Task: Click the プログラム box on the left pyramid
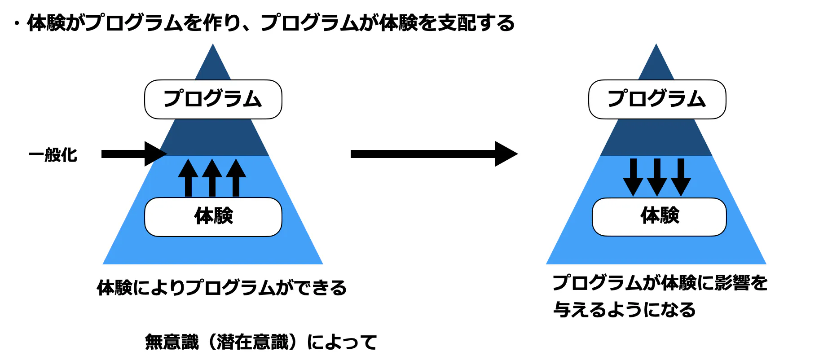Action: coord(213,99)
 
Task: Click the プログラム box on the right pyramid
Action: coord(657,99)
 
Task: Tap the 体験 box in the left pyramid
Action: coord(213,217)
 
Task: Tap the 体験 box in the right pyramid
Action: coord(659,216)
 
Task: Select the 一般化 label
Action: coord(53,155)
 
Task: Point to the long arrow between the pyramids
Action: coord(433,154)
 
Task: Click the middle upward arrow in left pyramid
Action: coord(212,178)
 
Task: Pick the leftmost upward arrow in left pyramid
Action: coord(188,178)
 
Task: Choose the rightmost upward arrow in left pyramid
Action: coord(236,178)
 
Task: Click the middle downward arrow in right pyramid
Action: coord(657,177)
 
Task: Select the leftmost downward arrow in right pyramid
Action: coord(633,177)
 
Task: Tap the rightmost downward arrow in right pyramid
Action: coord(681,177)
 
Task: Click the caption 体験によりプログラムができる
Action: coord(222,288)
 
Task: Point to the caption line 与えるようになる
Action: coord(624,310)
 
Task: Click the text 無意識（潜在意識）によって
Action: coord(261,342)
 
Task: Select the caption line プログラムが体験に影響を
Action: coord(660,283)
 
